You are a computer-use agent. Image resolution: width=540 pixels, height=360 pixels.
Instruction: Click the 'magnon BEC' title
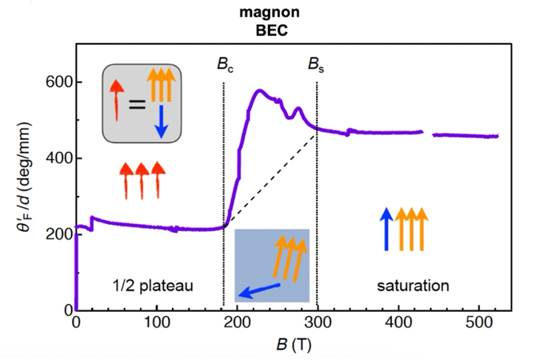click(267, 22)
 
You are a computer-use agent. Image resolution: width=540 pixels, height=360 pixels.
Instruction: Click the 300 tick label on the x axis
click(318, 322)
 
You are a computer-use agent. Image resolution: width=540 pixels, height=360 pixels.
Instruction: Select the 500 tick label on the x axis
click(480, 322)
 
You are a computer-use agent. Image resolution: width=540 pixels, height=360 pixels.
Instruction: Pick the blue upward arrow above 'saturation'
click(386, 229)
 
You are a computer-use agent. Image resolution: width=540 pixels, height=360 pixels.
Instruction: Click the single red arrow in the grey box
click(116, 99)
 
